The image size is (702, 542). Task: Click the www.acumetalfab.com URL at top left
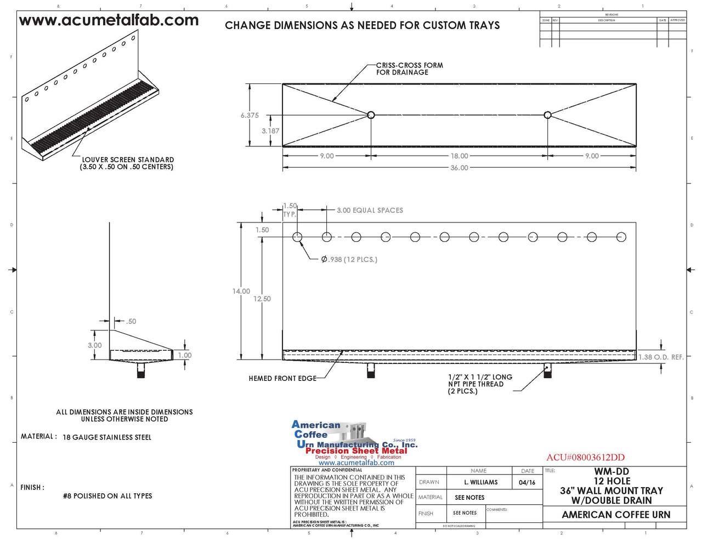pyautogui.click(x=109, y=21)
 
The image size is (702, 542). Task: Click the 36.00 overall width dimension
pyautogui.click(x=459, y=168)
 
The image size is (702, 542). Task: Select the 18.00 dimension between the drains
pyautogui.click(x=459, y=156)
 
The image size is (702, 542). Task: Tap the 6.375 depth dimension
pyautogui.click(x=250, y=116)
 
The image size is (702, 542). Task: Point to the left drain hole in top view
pyautogui.click(x=371, y=115)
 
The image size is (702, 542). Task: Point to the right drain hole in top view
pyautogui.click(x=547, y=115)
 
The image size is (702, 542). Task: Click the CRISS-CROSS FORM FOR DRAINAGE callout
pyautogui.click(x=409, y=69)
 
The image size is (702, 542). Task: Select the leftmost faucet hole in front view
pyautogui.click(x=297, y=237)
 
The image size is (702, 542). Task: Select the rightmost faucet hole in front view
pyautogui.click(x=621, y=237)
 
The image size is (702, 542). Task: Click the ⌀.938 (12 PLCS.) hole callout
pyautogui.click(x=349, y=259)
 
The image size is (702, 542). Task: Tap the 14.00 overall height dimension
pyautogui.click(x=241, y=291)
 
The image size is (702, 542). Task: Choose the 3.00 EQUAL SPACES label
pyautogui.click(x=370, y=210)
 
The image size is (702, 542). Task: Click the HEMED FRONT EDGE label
pyautogui.click(x=282, y=378)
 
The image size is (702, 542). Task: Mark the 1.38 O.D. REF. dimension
pyautogui.click(x=661, y=357)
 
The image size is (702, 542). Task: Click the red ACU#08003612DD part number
pyautogui.click(x=585, y=458)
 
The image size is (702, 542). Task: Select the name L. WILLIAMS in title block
pyautogui.click(x=480, y=482)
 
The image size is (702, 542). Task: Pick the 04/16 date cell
pyautogui.click(x=526, y=482)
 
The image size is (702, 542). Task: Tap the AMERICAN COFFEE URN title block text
pyautogui.click(x=615, y=515)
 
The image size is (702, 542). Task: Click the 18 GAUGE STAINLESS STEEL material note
pyautogui.click(x=107, y=437)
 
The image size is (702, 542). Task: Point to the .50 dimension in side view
pyautogui.click(x=131, y=322)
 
